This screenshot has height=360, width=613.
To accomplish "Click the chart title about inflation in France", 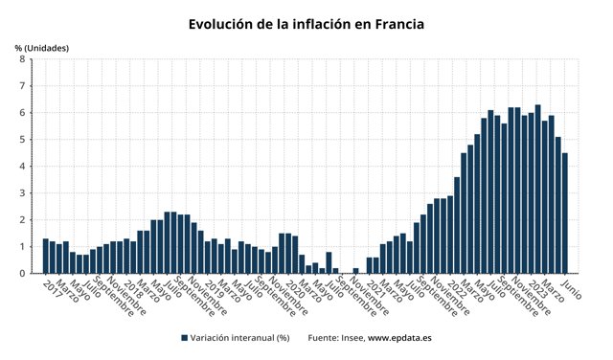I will (x=306, y=23).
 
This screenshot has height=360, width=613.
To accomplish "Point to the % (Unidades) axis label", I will (x=42, y=47).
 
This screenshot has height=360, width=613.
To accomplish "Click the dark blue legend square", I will (x=183, y=338).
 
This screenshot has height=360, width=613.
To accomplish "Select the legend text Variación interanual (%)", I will (x=239, y=338).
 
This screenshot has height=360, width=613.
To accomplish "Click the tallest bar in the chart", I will (x=538, y=191).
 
